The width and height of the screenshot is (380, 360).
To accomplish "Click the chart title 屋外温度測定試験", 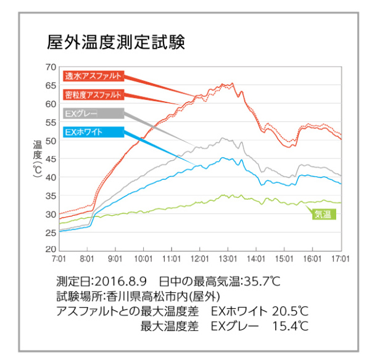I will point(115,43).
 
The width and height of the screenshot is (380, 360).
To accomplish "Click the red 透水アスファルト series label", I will point(93,76).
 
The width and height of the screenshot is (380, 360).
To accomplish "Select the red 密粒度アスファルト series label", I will point(93,95).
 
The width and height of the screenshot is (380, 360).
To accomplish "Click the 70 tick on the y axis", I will point(50,67).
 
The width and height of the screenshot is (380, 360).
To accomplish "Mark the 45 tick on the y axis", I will point(50,159).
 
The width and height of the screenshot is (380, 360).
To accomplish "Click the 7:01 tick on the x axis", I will point(59,260).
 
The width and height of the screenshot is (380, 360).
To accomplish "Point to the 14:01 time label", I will point(256,260).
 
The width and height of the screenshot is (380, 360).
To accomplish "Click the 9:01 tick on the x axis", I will point(115,260).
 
